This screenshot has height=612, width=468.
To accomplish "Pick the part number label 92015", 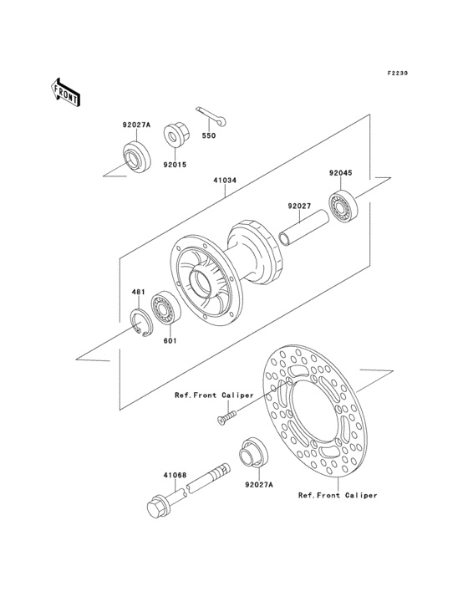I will (x=174, y=165).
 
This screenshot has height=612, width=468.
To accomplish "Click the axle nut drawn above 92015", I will (x=175, y=134).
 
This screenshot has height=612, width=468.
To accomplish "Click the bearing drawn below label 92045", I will (x=342, y=207).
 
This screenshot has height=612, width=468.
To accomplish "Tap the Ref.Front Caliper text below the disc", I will (x=338, y=495).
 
